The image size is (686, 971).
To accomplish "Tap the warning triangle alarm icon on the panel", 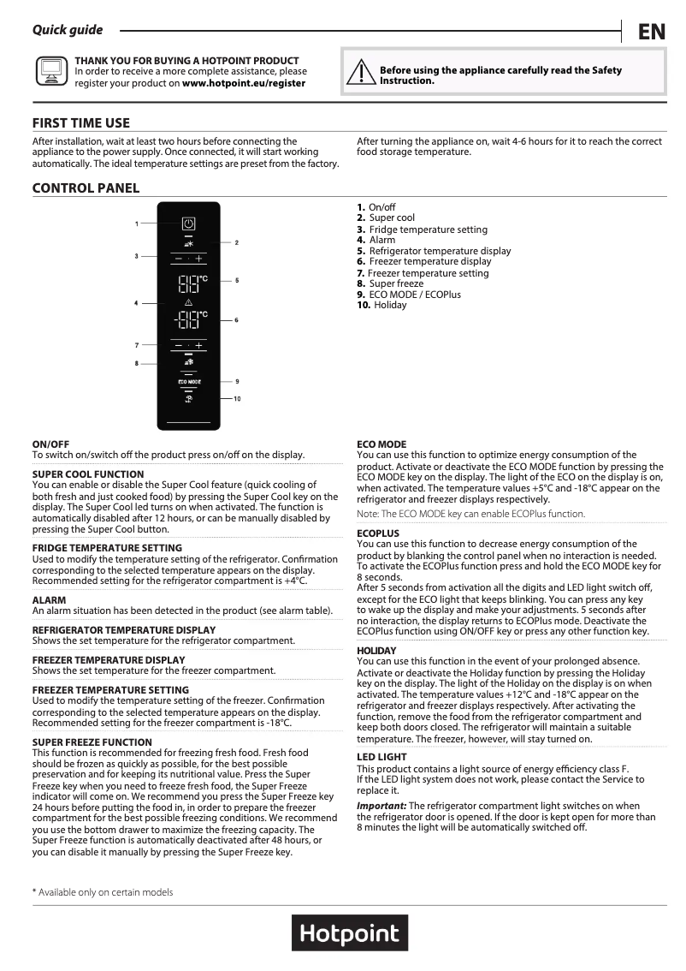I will click(x=188, y=303).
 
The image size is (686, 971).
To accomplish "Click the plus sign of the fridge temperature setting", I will click(x=198, y=258).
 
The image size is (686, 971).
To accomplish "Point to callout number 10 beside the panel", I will click(x=237, y=399).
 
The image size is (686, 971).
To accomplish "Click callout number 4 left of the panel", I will click(x=136, y=304).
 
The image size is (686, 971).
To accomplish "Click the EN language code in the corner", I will click(x=651, y=33).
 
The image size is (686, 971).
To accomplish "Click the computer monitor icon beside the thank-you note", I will click(x=50, y=72).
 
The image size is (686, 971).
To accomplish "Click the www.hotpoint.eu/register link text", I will click(x=244, y=83).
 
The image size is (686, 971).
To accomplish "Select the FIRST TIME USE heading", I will click(x=81, y=123).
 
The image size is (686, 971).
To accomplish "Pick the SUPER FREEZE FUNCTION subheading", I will click(x=92, y=742).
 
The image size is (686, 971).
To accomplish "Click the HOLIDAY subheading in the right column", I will click(x=376, y=651).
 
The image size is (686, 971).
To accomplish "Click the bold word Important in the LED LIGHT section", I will click(x=381, y=806).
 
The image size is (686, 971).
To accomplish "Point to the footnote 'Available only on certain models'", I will click(x=103, y=892).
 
